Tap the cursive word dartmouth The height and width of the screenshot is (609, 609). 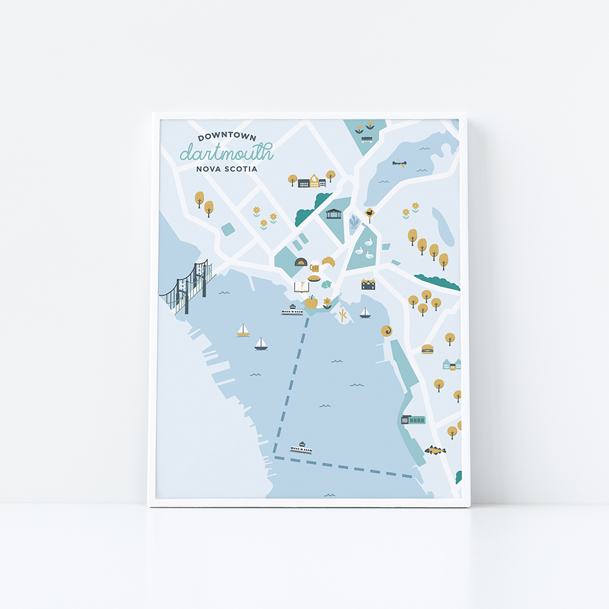(x=226, y=152)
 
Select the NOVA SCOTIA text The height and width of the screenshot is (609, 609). (x=227, y=169)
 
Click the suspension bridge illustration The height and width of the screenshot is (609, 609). (x=188, y=286)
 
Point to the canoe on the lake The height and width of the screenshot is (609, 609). (x=400, y=163)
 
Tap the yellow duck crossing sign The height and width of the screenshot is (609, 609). (x=370, y=213)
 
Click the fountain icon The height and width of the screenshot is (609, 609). (x=354, y=222)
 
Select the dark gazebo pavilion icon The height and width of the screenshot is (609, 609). (x=333, y=214)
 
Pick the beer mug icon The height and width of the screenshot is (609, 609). (x=314, y=267)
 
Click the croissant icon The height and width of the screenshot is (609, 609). (x=329, y=261)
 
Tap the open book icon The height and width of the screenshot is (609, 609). (x=301, y=286)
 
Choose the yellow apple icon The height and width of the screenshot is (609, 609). (x=311, y=301)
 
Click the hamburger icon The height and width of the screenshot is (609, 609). (x=427, y=349)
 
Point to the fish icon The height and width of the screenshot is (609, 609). (x=435, y=450)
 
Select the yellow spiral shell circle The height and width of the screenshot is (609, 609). (x=386, y=331)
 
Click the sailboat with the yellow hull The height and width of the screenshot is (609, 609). (x=243, y=331)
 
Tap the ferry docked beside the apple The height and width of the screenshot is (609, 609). (x=292, y=311)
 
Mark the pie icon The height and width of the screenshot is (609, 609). (x=314, y=278)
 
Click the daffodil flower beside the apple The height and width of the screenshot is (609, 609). (x=327, y=303)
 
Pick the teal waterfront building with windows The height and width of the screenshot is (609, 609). (x=413, y=419)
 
